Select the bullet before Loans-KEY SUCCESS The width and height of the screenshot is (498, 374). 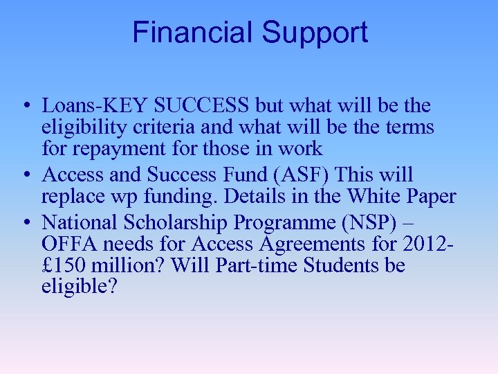[25, 106]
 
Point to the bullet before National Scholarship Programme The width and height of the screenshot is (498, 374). [25, 222]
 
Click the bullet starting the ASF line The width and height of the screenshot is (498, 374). [25, 176]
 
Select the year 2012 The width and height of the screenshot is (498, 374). [429, 244]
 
